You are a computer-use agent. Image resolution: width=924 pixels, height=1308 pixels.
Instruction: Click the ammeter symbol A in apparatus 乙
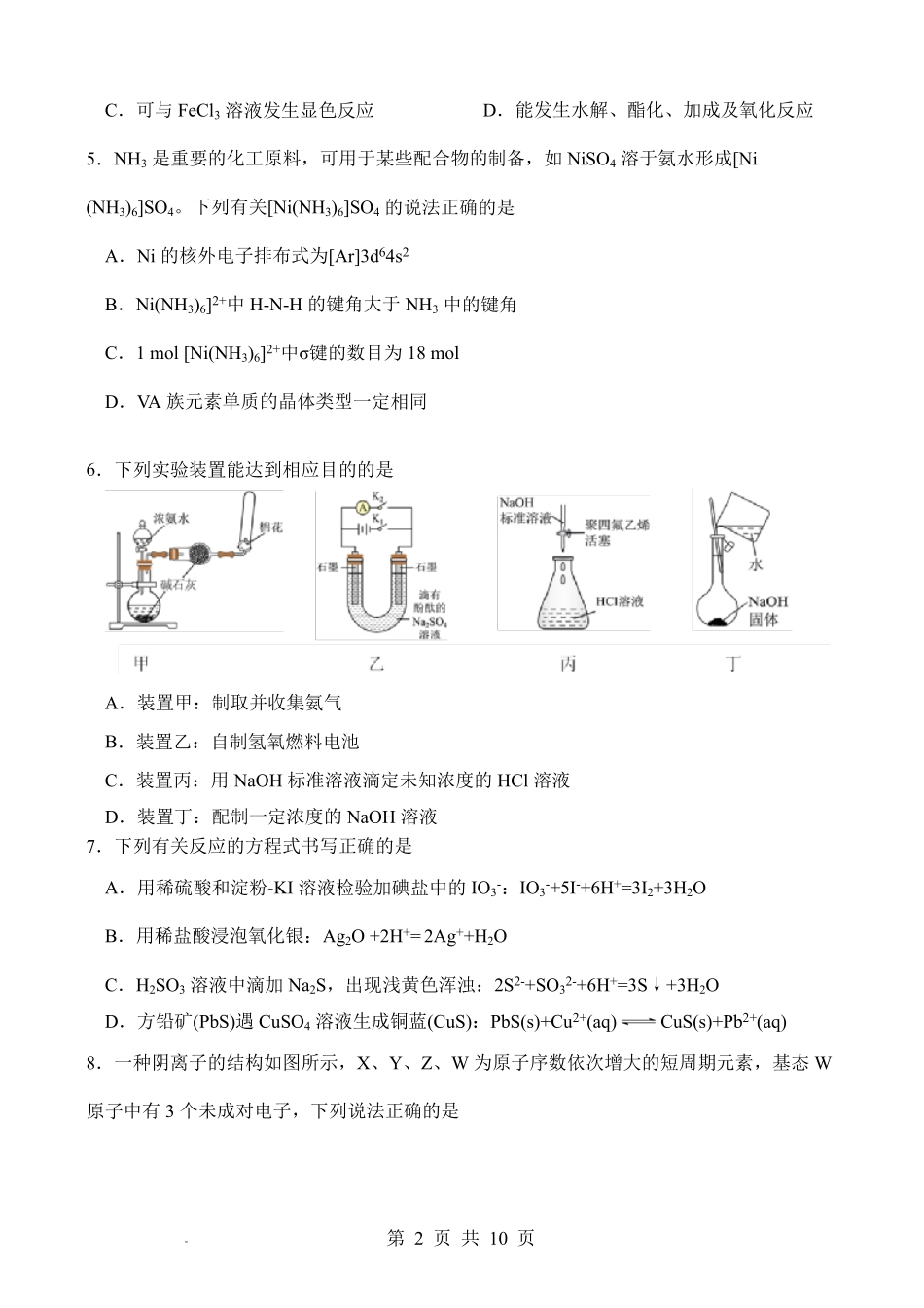click(362, 506)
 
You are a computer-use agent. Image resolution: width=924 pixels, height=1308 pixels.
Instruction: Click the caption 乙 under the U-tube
click(376, 664)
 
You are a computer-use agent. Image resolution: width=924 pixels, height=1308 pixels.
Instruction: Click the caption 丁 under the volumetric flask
click(733, 664)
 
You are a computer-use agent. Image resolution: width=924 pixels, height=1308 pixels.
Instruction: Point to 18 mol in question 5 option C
click(432, 353)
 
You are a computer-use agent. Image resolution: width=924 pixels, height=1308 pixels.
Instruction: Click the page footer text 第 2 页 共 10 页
click(461, 1238)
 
